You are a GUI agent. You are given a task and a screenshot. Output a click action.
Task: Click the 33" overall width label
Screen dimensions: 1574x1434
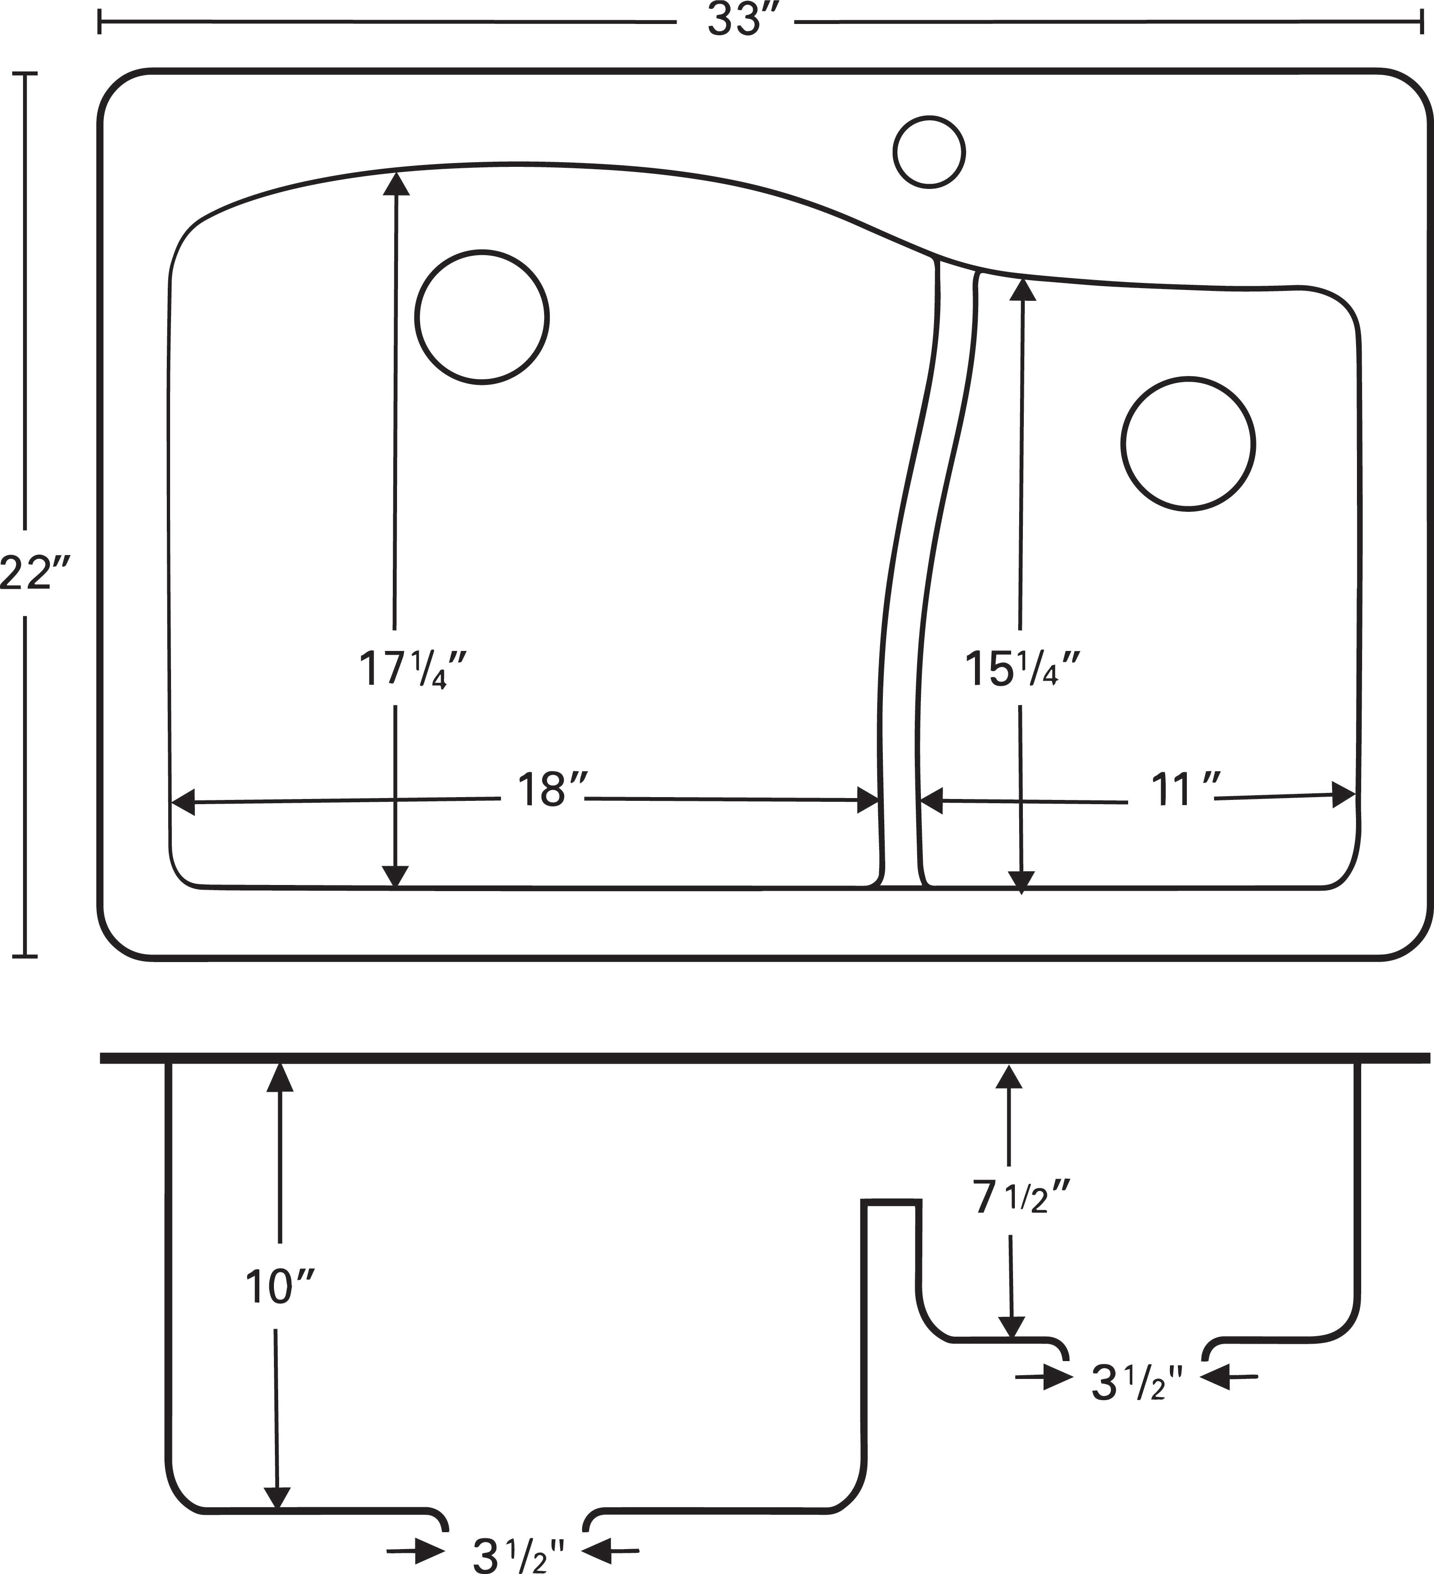point(734,21)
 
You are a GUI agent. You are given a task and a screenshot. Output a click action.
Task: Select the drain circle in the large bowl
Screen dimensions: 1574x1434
point(482,317)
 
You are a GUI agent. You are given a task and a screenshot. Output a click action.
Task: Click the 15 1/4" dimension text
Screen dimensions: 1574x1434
point(1022,670)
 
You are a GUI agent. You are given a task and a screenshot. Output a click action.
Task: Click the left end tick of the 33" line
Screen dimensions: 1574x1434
point(99,23)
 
